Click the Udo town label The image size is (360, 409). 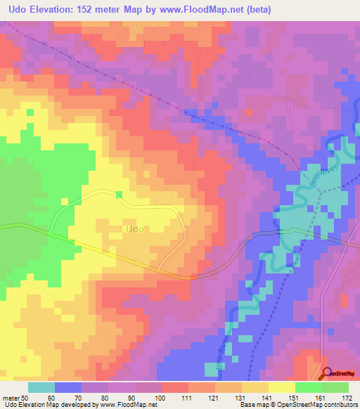[135, 229]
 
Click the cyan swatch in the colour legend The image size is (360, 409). [41, 387]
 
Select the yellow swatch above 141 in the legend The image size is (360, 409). [254, 387]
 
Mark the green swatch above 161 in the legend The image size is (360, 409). [308, 387]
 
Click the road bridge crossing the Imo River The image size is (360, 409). [279, 231]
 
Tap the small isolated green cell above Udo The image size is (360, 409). [118, 194]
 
